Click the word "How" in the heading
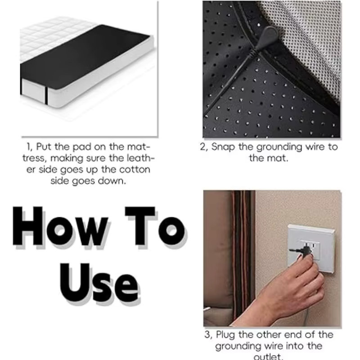click(x=60, y=226)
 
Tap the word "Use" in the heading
click(x=99, y=283)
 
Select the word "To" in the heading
click(x=155, y=226)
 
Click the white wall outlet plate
click(x=310, y=249)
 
